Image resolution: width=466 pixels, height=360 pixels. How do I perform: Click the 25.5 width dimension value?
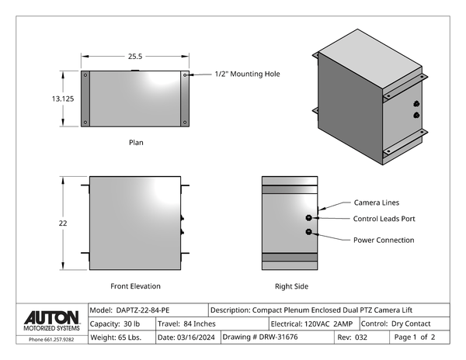pos(135,57)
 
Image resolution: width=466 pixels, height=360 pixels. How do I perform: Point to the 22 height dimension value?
pos(63,223)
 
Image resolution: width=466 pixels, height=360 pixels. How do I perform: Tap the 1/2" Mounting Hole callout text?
pos(247,74)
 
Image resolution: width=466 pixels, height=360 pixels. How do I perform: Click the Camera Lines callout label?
pos(377,202)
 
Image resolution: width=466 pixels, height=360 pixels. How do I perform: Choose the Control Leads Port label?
pos(384,219)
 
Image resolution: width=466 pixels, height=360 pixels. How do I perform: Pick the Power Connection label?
pos(384,240)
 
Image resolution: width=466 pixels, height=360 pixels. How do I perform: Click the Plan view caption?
pos(136,143)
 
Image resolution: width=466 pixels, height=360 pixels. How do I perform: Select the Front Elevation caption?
pos(136,286)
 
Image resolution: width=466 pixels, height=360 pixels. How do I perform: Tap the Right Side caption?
pos(291,286)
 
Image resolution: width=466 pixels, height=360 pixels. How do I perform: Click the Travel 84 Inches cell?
pos(186,324)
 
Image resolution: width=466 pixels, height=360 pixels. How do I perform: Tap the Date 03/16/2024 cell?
pos(187,337)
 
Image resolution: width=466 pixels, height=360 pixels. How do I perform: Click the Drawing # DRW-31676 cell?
pos(259,337)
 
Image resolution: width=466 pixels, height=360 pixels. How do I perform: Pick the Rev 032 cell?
pos(353,337)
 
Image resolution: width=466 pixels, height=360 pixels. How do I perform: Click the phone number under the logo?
pos(51,339)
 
